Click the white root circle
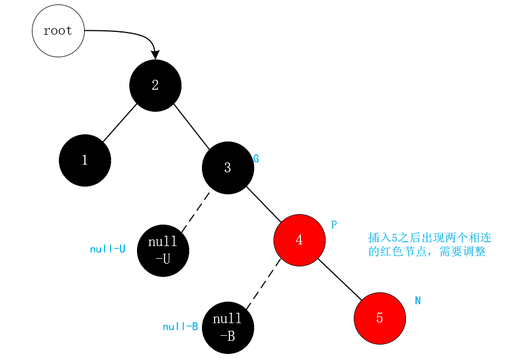tap(58, 31)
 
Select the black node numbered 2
tap(155, 85)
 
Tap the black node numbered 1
tap(85, 160)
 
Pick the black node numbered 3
tap(228, 168)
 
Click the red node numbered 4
tap(299, 240)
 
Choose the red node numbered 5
tap(380, 318)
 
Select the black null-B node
tap(228, 327)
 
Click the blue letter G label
tap(256, 159)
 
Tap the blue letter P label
tap(333, 225)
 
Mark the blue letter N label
tap(418, 301)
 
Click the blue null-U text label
tap(107, 249)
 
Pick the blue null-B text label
tap(180, 326)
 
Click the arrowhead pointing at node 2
tap(155, 55)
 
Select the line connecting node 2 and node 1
tap(119, 123)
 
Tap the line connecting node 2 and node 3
tap(191, 127)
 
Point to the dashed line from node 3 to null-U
tap(195, 212)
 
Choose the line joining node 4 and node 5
tap(340, 280)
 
